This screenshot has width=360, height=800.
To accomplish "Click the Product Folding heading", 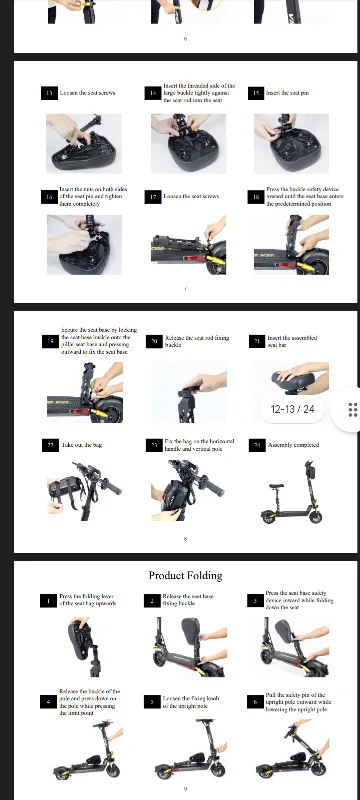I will [x=187, y=575].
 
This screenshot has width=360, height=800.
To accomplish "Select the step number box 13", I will [x=49, y=92].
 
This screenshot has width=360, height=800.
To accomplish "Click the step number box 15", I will [x=256, y=92].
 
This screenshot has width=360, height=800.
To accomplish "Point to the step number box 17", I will [x=153, y=197].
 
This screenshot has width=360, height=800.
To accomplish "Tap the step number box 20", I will [x=153, y=341].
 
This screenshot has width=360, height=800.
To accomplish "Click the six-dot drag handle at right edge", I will [x=352, y=410].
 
